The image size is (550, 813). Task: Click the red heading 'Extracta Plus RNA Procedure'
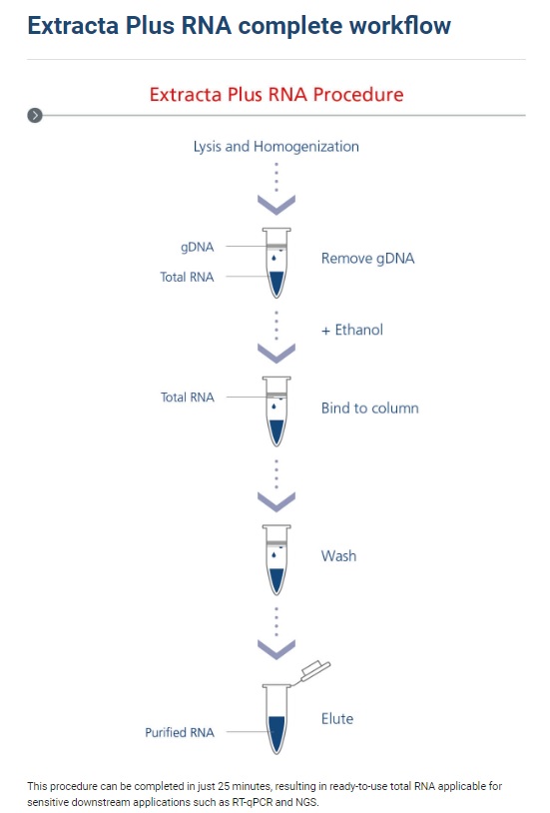pyautogui.click(x=276, y=94)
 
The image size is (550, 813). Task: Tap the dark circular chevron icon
pyautogui.click(x=35, y=115)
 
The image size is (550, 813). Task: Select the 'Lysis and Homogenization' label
pyautogui.click(x=276, y=147)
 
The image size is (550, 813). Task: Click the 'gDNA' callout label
pyautogui.click(x=197, y=247)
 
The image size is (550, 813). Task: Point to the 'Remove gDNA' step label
pyautogui.click(x=367, y=259)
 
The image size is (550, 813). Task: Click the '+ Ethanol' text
pyautogui.click(x=352, y=330)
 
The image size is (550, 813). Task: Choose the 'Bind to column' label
pyautogui.click(x=370, y=408)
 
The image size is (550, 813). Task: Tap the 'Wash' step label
pyautogui.click(x=338, y=556)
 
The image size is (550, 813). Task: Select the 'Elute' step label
pyautogui.click(x=337, y=719)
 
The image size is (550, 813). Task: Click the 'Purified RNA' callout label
pyautogui.click(x=180, y=733)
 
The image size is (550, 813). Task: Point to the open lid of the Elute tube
pyautogui.click(x=314, y=671)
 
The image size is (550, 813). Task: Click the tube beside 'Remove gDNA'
pyautogui.click(x=276, y=263)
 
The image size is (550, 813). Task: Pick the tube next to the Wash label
pyautogui.click(x=276, y=560)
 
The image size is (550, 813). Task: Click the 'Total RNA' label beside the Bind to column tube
pyautogui.click(x=187, y=398)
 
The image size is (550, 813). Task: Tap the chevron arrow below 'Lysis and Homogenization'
pyautogui.click(x=276, y=205)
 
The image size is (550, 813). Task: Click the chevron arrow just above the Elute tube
pyautogui.click(x=276, y=649)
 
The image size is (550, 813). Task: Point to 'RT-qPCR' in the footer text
pyautogui.click(x=252, y=802)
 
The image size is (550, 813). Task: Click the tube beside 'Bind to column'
pyautogui.click(x=276, y=411)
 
